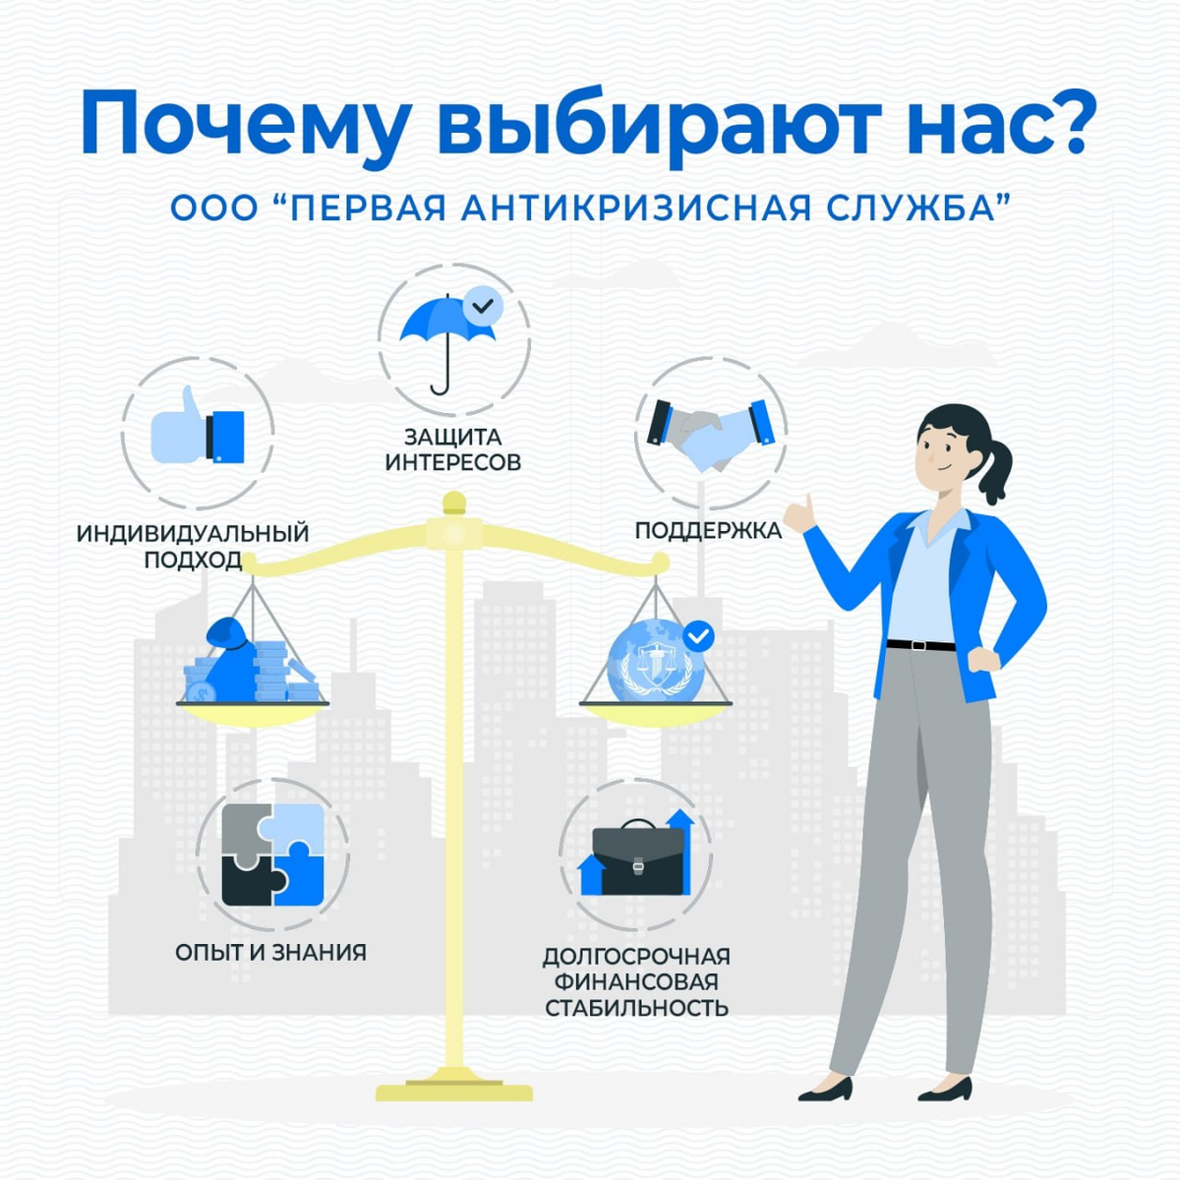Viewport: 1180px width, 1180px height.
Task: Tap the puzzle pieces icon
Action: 272,855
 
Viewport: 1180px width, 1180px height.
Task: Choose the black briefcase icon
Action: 636,858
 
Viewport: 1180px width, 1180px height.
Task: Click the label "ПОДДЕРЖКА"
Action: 708,531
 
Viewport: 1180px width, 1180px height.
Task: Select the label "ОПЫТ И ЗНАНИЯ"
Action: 270,952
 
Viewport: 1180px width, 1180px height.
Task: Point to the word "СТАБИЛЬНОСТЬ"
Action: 636,1008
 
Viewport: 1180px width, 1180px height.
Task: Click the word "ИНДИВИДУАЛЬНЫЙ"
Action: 193,534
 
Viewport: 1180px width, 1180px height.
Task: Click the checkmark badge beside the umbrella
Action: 483,306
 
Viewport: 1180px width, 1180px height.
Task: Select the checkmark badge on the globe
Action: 698,636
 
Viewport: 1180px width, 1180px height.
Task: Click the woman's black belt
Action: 920,645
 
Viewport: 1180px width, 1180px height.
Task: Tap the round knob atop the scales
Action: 453,503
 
